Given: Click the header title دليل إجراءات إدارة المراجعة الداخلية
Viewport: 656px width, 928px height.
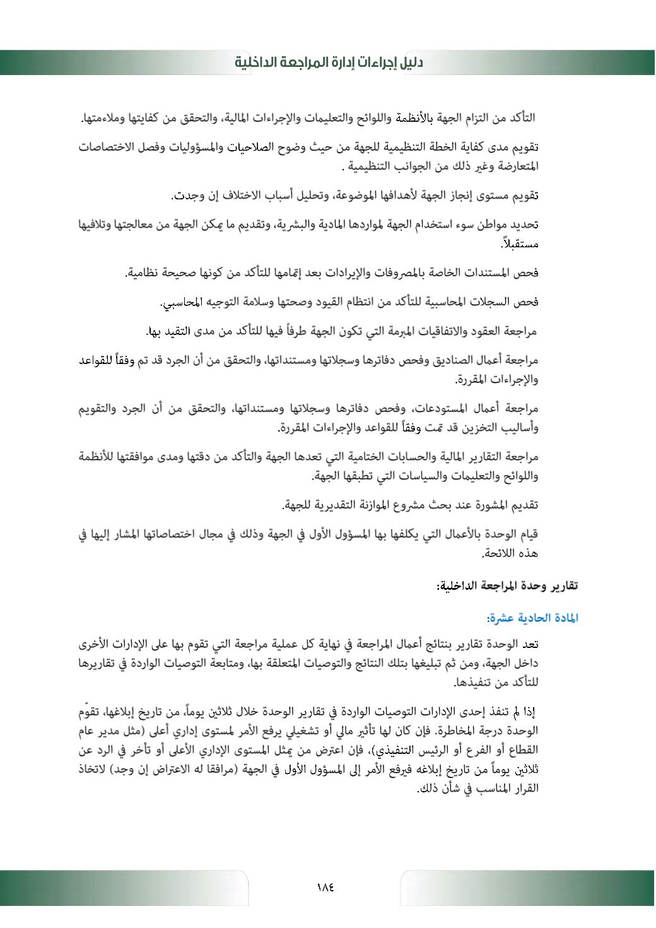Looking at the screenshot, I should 329,62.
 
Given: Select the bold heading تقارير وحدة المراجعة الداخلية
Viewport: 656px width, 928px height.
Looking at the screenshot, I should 507,586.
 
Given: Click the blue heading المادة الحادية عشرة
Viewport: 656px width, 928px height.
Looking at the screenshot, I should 532,618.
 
